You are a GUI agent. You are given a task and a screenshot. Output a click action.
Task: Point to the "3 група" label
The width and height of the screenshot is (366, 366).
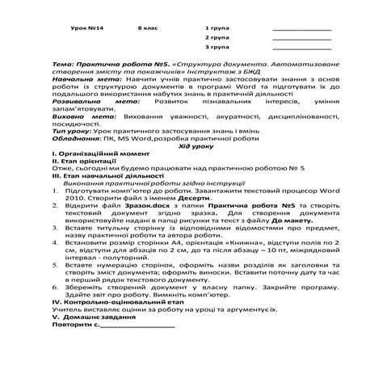(x=217, y=48)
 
